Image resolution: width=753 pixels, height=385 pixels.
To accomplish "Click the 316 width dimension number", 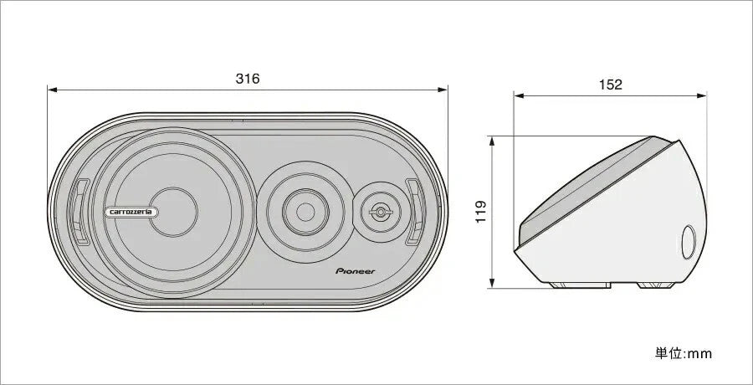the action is tap(248, 79).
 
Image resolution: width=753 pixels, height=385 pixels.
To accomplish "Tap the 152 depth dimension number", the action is tap(611, 85).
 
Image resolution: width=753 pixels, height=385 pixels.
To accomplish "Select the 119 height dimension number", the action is tap(481, 212).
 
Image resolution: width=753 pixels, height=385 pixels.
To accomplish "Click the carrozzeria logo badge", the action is tap(131, 212).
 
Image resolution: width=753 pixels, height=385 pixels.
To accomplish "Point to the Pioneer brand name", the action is tap(355, 271).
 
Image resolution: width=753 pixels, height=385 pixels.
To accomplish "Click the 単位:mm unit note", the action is tap(683, 354).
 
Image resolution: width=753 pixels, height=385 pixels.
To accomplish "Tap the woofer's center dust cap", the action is tap(173, 212).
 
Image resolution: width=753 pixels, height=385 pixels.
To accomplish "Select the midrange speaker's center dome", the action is tap(305, 212).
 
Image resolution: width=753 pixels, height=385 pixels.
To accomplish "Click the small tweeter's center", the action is tap(381, 212).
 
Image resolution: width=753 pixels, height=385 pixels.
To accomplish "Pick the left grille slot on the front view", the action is tap(80, 212).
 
